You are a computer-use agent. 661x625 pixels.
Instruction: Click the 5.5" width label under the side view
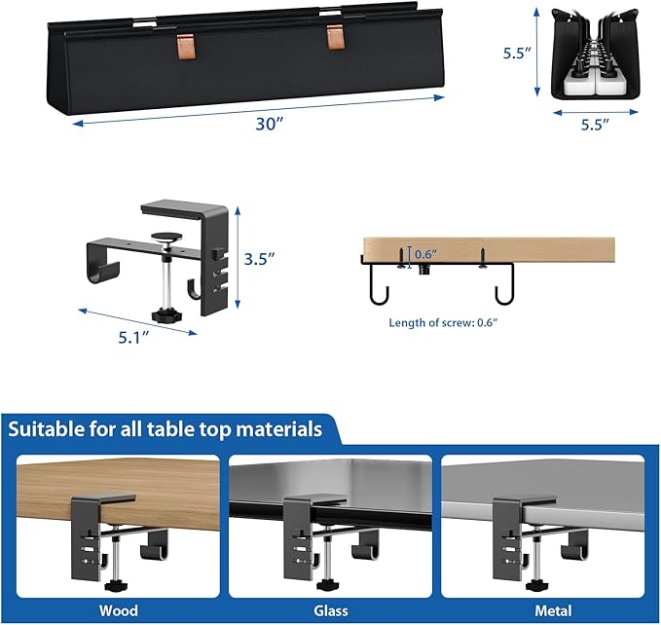pos(595,124)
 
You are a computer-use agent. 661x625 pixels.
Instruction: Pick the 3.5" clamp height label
pos(258,259)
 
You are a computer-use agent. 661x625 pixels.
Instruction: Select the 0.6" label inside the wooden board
pos(425,254)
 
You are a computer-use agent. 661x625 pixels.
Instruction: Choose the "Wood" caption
pos(118,610)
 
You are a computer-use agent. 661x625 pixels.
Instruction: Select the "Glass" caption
pos(330,610)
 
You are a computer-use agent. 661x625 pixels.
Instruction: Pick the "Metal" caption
pos(542,610)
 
